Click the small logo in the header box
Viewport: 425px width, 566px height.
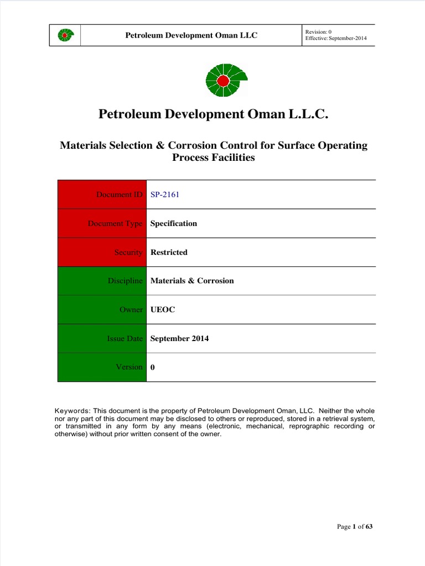[x=65, y=35]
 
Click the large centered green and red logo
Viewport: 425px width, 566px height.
[x=223, y=81]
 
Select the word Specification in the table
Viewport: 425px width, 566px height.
[x=174, y=223]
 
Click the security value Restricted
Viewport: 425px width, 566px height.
[x=169, y=252]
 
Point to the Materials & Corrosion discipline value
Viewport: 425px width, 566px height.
[x=192, y=281]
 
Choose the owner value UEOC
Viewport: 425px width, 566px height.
[x=163, y=310]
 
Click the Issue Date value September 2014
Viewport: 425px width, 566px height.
[x=179, y=338]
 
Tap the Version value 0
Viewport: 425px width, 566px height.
[x=153, y=367]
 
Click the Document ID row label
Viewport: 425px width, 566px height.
[x=119, y=195]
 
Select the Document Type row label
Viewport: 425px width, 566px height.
[x=115, y=223]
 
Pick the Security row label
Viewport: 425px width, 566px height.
[x=128, y=252]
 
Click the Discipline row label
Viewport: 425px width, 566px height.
[x=125, y=281]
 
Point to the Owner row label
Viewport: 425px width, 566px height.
[x=131, y=310]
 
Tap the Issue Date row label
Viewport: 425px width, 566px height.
[x=125, y=338]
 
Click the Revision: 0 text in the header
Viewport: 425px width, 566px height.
[x=319, y=32]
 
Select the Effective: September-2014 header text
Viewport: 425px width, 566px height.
[x=335, y=39]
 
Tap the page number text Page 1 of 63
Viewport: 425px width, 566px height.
[x=355, y=527]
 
